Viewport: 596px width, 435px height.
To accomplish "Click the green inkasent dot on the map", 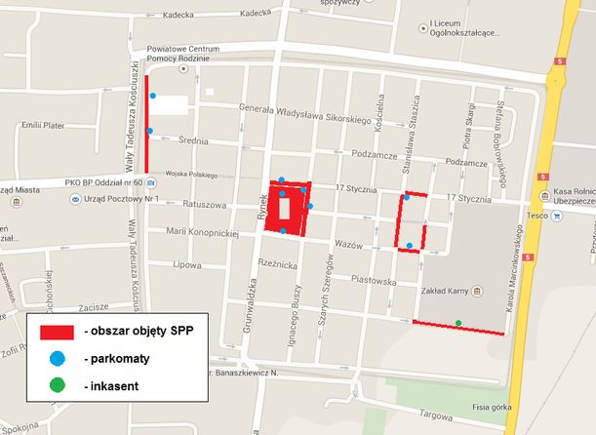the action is pos(458,323).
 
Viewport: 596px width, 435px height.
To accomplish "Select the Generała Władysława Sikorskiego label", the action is pos(306,113).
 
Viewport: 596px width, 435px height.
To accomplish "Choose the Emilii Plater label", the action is pos(42,125).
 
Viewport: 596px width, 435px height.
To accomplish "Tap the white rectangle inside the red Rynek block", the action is pos(284,208).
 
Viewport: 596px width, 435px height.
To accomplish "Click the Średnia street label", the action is pos(193,140).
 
